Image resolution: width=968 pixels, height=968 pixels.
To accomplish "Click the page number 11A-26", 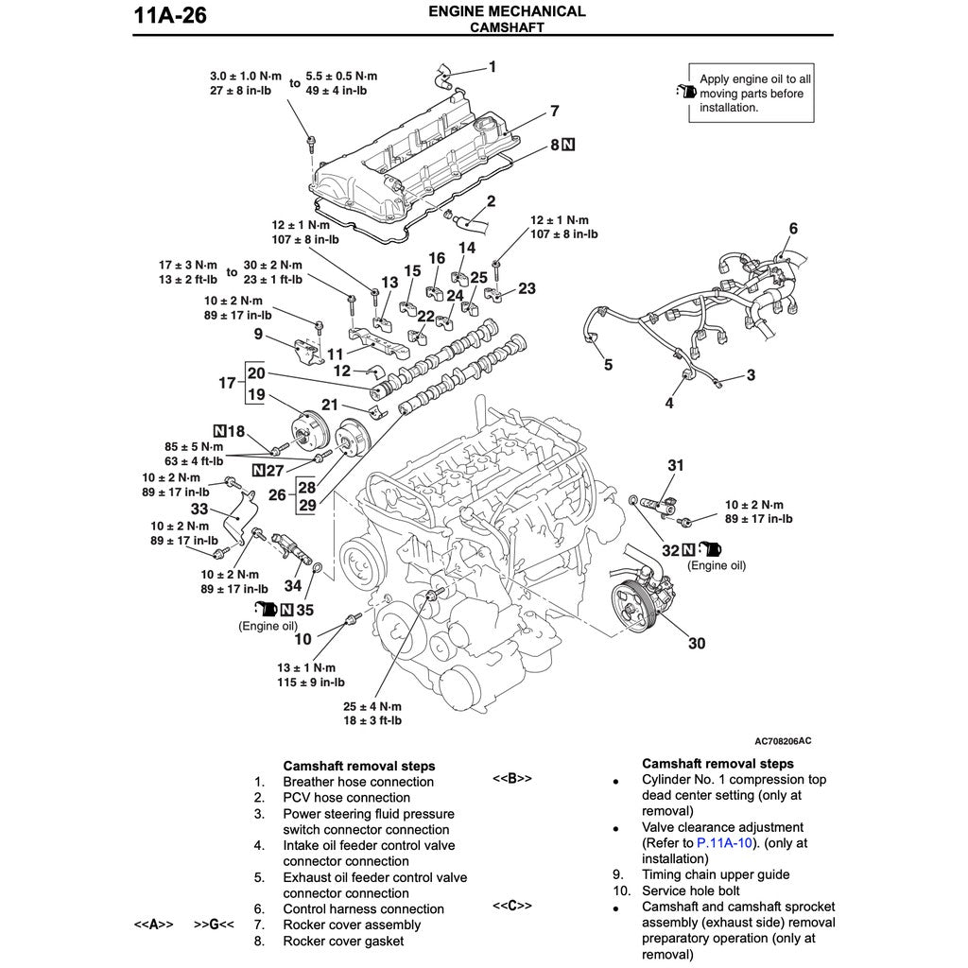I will coord(171,16).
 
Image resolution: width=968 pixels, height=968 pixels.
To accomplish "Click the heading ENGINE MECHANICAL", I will coord(507,11).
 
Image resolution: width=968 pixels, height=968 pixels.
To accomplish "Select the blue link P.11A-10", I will coord(724,842).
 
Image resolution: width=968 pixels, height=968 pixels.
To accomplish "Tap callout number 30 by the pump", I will coord(696,644).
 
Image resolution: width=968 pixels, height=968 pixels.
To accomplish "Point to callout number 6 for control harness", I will coord(793,229).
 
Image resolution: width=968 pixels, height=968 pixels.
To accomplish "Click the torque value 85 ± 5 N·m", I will coord(194,446).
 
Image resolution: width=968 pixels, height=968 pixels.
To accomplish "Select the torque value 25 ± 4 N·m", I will coord(372,706).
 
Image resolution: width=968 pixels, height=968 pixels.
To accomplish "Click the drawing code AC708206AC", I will coord(783,740).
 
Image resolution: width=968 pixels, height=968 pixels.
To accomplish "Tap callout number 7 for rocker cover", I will coord(554,112).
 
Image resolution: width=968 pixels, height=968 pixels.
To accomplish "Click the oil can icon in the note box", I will coord(685,92).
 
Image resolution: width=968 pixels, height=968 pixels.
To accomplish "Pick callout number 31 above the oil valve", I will coord(675,465).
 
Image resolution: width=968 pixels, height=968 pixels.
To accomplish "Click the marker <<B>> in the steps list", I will coord(512,779).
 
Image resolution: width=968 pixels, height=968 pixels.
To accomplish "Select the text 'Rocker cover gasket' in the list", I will coord(342,941).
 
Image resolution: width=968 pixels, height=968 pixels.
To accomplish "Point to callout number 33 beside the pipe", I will coord(199,509).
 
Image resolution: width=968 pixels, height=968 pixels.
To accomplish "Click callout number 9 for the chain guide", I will coord(258,333).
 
